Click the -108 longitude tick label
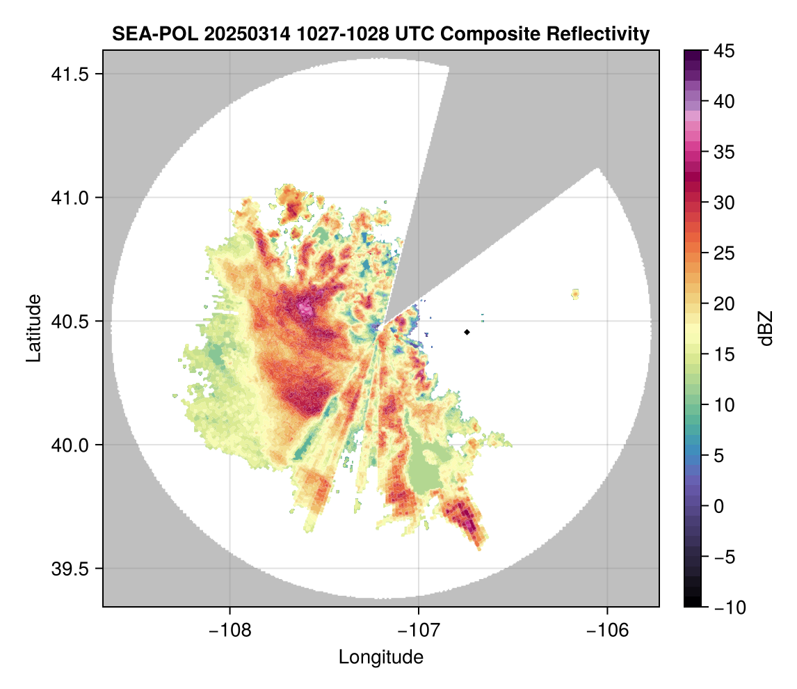230,631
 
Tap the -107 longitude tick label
419,631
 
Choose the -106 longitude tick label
608,631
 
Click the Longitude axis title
380,657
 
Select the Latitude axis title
33,328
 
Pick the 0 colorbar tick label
718,506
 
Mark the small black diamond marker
467,332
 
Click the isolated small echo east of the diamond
575,294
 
